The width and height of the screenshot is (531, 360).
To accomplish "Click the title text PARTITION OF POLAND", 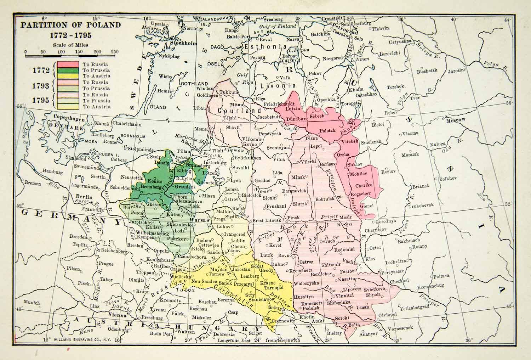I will click(x=70, y=25).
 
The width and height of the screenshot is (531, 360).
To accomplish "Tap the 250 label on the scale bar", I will click(x=114, y=52).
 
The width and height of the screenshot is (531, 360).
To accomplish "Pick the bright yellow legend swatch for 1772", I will click(x=66, y=75).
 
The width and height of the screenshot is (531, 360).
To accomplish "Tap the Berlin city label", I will click(x=85, y=197).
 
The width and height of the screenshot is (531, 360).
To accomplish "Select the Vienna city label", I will click(x=118, y=315).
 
